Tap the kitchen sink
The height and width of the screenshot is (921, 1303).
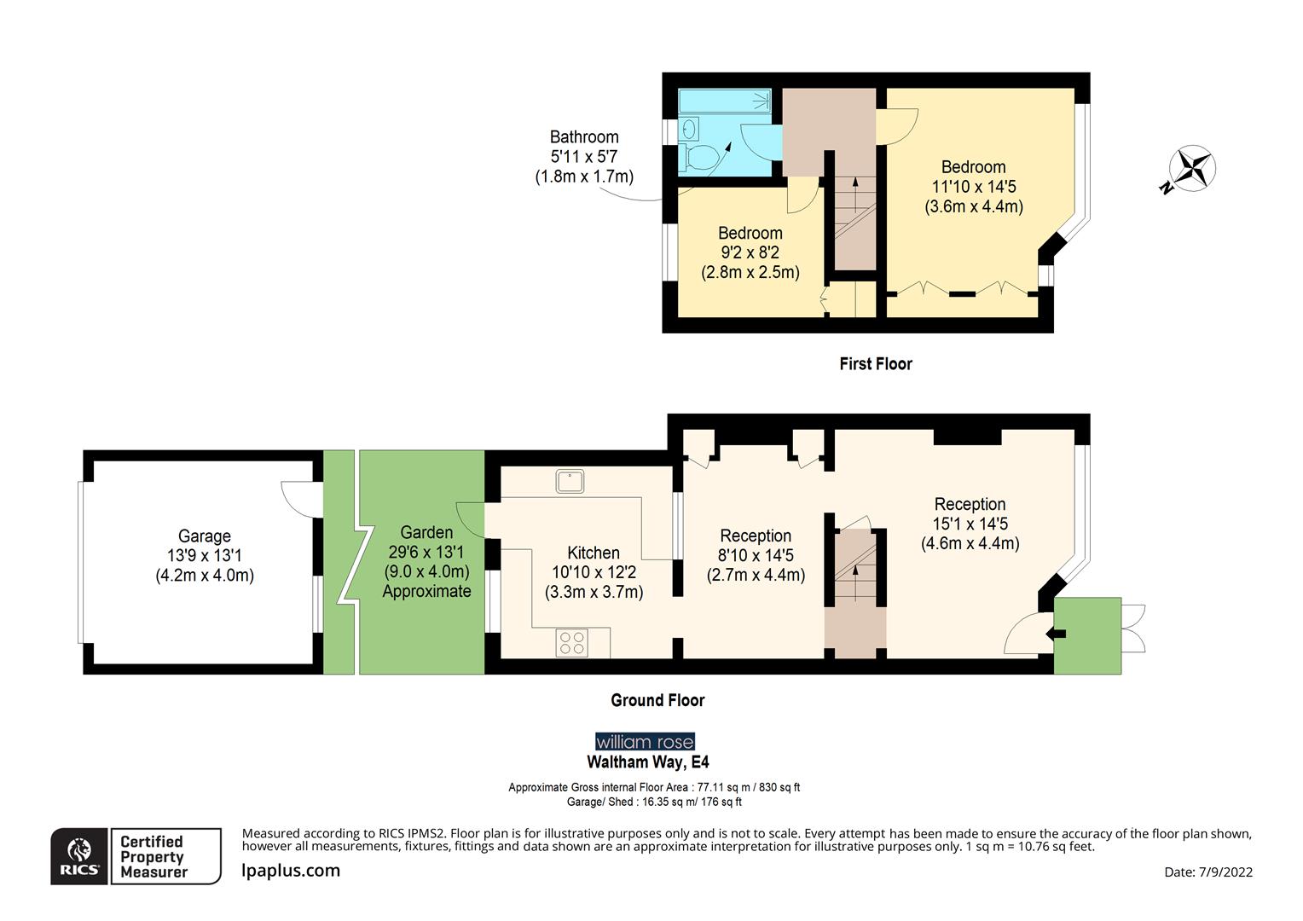570,481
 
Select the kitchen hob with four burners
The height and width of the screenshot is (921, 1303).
570,642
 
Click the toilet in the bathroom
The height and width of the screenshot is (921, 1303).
700,157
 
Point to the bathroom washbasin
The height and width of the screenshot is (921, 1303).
690,129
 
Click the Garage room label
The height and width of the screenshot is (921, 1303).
204,536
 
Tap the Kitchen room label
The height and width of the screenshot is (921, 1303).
594,553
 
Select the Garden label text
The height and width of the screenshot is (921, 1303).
426,533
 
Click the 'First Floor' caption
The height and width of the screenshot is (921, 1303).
875,364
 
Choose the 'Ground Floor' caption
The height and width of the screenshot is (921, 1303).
657,700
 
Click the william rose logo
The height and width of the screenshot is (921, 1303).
645,741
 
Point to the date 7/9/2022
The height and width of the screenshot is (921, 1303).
1208,872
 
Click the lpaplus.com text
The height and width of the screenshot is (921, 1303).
291,871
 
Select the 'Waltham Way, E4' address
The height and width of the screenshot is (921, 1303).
647,762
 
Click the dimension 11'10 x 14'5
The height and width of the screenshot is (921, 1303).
973,187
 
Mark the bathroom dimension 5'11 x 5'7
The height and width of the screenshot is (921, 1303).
584,157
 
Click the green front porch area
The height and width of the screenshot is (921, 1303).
1087,635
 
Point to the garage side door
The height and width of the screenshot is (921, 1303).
295,497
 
